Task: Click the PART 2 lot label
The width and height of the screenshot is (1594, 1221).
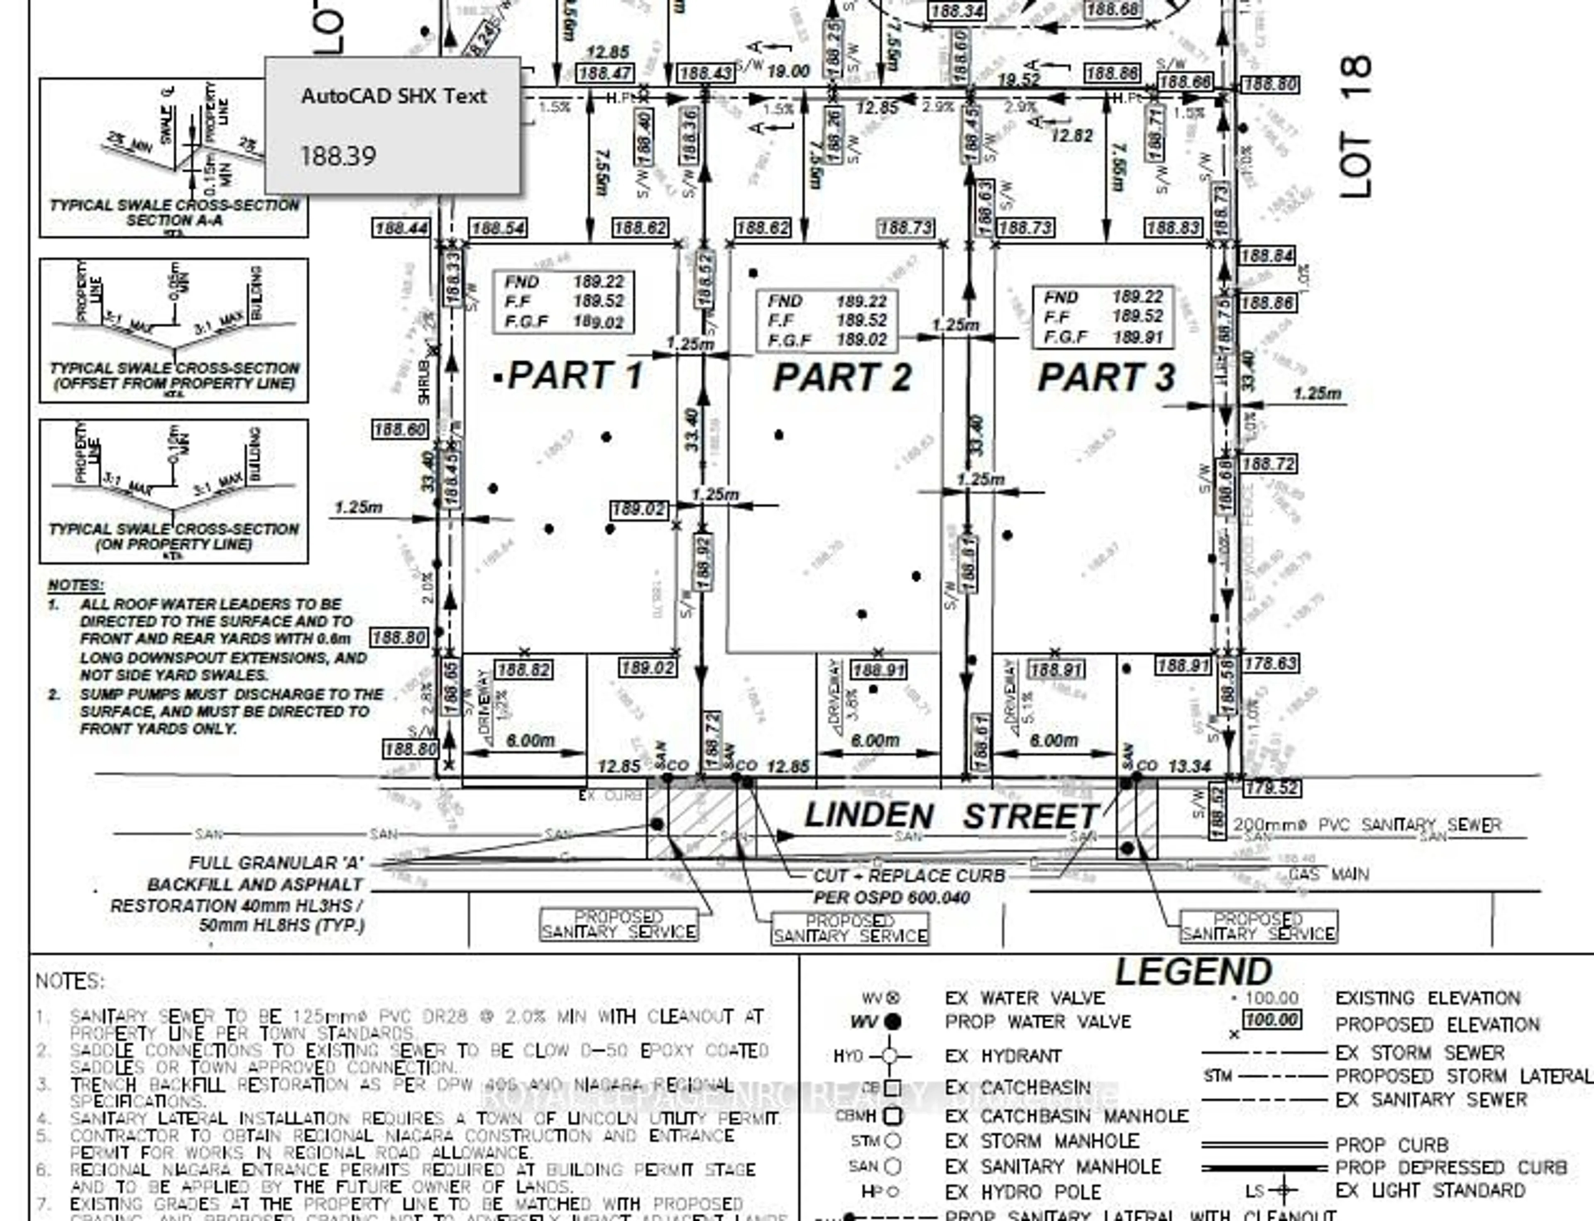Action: [x=841, y=377]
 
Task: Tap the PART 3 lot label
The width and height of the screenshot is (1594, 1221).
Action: [x=1106, y=377]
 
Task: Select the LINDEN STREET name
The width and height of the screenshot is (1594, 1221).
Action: [x=950, y=816]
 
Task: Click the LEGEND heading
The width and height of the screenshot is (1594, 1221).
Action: [x=1193, y=972]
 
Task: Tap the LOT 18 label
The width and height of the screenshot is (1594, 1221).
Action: [x=1356, y=127]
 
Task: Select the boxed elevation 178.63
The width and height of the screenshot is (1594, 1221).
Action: [x=1270, y=663]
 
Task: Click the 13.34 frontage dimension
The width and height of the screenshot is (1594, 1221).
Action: [x=1189, y=766]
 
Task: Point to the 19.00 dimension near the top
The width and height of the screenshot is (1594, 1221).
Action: [x=788, y=71]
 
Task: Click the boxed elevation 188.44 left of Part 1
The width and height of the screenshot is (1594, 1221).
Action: [x=400, y=228]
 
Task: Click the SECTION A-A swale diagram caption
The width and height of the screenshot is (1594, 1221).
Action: [x=174, y=220]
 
